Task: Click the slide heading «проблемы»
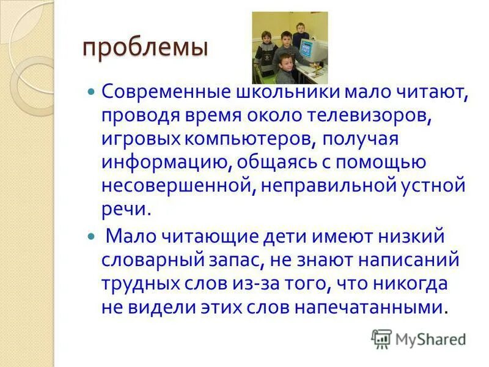[145, 48]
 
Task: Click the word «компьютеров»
[252, 139]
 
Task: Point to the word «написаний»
[406, 259]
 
